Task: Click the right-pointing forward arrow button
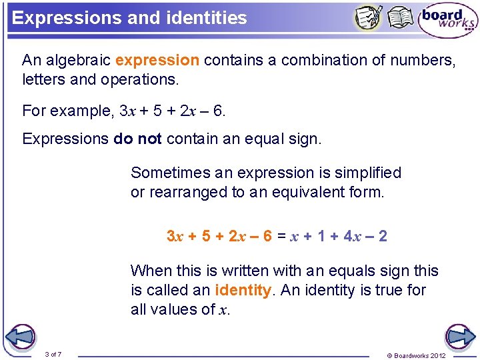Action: [x=459, y=337]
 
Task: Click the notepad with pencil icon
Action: [x=368, y=18]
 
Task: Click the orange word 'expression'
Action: [x=157, y=61]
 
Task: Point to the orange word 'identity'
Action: [x=243, y=291]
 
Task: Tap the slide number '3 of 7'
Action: [x=53, y=354]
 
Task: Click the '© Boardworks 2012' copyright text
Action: [x=416, y=355]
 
